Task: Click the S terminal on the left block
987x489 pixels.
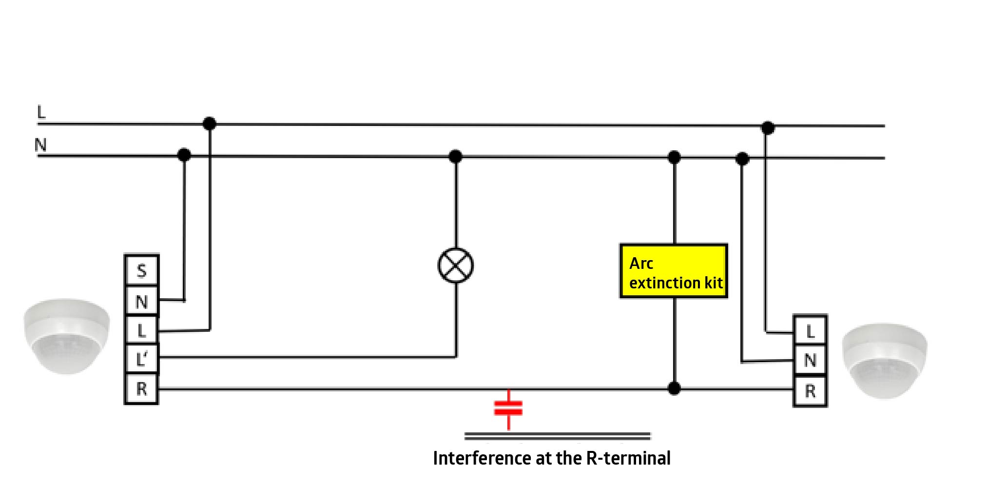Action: [141, 270]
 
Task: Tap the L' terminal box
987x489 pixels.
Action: [141, 360]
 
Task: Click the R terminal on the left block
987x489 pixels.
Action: [141, 389]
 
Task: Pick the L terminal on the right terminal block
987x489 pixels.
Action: [810, 331]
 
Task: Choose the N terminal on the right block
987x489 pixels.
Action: [810, 361]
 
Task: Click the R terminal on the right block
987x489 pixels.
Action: [810, 391]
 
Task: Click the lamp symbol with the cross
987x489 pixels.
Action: [456, 265]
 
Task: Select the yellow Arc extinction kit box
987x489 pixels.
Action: [674, 271]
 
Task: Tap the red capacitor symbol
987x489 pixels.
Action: [508, 408]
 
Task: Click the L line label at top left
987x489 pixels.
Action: [41, 112]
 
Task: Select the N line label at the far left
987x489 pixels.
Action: [40, 145]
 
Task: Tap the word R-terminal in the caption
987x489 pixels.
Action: [628, 458]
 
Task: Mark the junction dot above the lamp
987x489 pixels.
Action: [455, 156]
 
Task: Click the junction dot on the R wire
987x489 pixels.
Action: [674, 388]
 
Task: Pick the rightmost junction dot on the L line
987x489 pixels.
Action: [768, 128]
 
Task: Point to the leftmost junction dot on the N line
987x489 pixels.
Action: [184, 155]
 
